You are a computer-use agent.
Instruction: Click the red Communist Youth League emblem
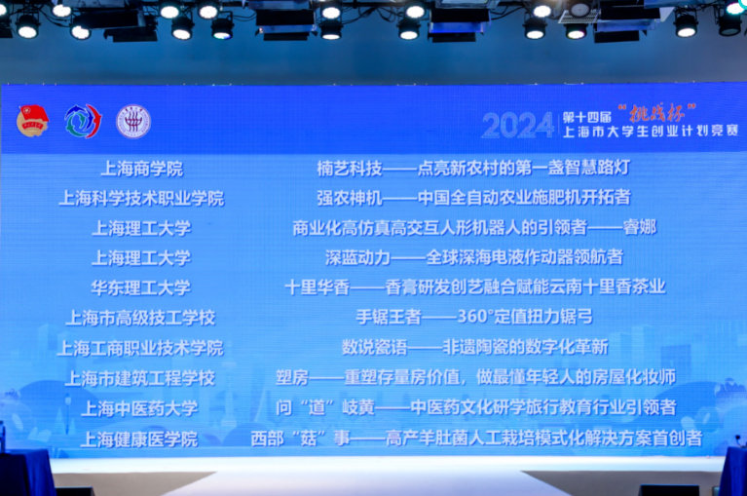point(32,121)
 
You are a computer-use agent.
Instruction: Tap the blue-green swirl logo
point(83,121)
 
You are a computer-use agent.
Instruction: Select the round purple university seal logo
point(133,122)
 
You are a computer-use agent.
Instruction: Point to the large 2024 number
point(518,126)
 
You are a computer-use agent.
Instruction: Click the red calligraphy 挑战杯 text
point(657,113)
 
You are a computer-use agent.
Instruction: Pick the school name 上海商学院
point(142,169)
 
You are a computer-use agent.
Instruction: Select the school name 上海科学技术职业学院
point(141,198)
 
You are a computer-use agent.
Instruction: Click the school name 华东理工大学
point(141,287)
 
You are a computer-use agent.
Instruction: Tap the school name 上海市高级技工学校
point(140,318)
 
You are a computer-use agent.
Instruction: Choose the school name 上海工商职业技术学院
point(140,348)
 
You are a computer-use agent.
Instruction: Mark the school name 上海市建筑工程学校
point(140,378)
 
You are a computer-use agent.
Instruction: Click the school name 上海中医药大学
point(139,408)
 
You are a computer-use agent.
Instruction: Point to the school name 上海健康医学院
point(139,439)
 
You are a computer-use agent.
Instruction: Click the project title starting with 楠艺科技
point(473,168)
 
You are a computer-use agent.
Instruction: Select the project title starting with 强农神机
point(474,198)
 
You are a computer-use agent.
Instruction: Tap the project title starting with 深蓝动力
point(474,257)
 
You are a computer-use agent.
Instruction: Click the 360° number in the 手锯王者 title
point(475,317)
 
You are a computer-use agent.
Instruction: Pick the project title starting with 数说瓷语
point(475,347)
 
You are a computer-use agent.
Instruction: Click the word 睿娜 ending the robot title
point(640,227)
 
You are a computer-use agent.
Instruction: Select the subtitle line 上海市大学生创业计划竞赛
point(651,131)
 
